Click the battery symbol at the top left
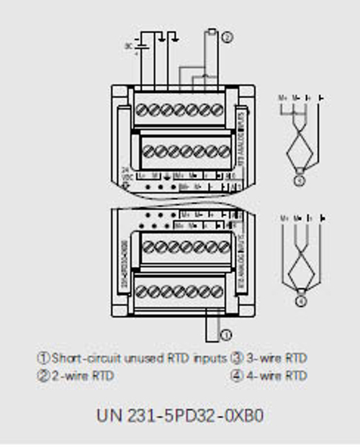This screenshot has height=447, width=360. click(137, 48)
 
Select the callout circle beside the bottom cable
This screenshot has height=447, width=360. click(226, 333)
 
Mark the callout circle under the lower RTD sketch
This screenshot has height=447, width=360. click(300, 301)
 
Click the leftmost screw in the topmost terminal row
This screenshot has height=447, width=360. click(144, 112)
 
